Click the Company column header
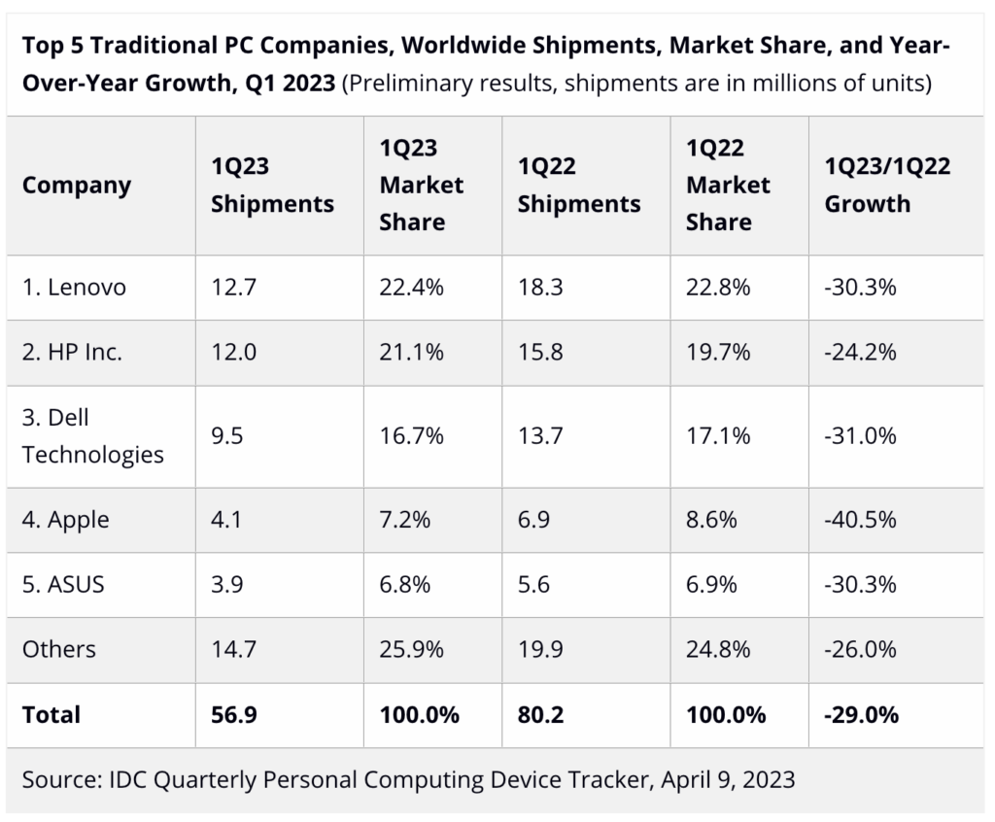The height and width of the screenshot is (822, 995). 77,185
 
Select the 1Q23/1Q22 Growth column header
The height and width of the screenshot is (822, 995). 887,185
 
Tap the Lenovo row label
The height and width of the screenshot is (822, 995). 74,288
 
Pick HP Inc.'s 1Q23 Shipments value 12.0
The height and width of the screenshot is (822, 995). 233,352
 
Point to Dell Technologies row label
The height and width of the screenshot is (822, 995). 93,435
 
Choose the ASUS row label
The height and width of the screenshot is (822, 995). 63,584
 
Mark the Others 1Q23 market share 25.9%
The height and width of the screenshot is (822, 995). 412,648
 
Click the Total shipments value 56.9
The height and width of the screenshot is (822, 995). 234,714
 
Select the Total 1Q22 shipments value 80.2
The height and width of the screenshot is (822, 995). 540,714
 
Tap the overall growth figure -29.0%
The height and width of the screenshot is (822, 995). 862,714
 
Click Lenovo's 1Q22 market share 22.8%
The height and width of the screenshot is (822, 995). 718,288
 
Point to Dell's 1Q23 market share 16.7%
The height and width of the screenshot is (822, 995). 412,435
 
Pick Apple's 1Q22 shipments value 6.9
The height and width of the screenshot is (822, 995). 533,519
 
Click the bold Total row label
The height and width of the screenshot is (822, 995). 51,714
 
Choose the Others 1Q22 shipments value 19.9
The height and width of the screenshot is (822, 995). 540,648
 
